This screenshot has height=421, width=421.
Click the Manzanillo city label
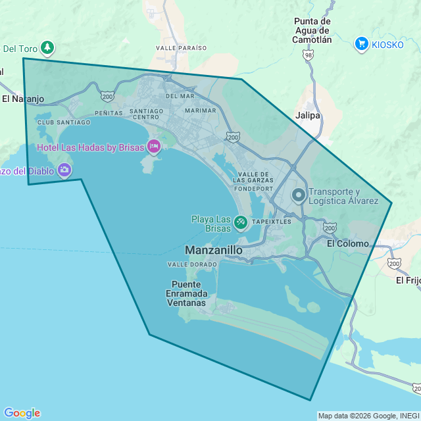pyautogui.click(x=214, y=251)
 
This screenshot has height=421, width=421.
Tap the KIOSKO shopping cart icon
pyautogui.click(x=361, y=44)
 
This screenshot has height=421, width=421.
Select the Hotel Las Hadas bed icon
pyautogui.click(x=154, y=147)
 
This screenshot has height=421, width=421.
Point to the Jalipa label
pyautogui.click(x=308, y=115)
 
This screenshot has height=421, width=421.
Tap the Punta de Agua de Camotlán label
pyautogui.click(x=312, y=30)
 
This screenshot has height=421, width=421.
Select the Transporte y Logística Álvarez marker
pyautogui.click(x=299, y=195)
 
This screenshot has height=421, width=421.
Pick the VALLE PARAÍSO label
pyautogui.click(x=182, y=48)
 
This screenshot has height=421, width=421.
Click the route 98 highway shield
pyautogui.click(x=309, y=56)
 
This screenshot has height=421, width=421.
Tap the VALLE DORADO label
pyautogui.click(x=192, y=264)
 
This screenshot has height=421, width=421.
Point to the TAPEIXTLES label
pyautogui.click(x=271, y=222)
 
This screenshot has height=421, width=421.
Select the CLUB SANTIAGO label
pyautogui.click(x=64, y=122)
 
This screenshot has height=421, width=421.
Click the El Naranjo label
pyautogui.click(x=22, y=99)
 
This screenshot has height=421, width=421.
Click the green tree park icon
pyautogui.click(x=47, y=47)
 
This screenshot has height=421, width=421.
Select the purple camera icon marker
pyautogui.click(x=64, y=171)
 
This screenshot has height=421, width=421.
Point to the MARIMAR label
pyautogui.click(x=200, y=111)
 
